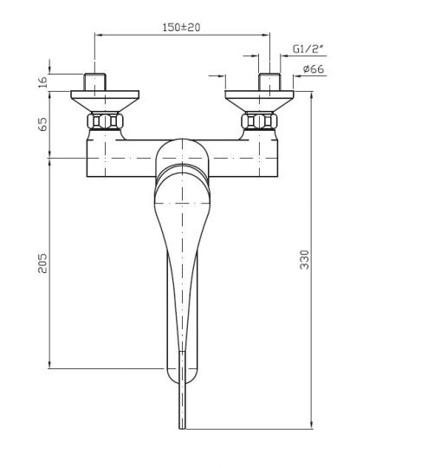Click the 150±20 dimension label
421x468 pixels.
181,28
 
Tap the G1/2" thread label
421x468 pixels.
308,49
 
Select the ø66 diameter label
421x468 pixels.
314,69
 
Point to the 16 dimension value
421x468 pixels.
43,82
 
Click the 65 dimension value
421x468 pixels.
43,124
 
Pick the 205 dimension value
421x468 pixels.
42,263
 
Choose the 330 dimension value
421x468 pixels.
304,260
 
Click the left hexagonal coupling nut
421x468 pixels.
105,120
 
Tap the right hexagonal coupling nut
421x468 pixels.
259,120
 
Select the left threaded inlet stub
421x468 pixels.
94,81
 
